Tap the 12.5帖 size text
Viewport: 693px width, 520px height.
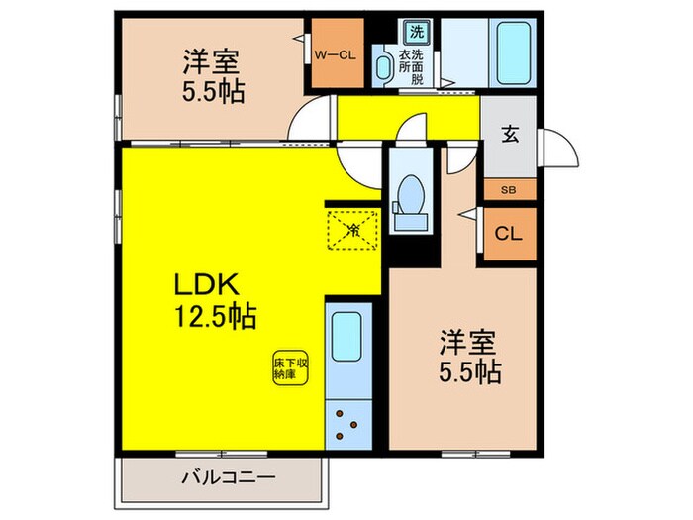(217, 317)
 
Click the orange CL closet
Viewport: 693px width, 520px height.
(509, 235)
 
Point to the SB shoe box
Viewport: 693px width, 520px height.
(509, 189)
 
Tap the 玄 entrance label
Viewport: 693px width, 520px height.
(509, 136)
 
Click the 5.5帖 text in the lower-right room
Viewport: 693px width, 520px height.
(470, 373)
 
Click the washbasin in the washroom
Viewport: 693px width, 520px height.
(383, 66)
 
